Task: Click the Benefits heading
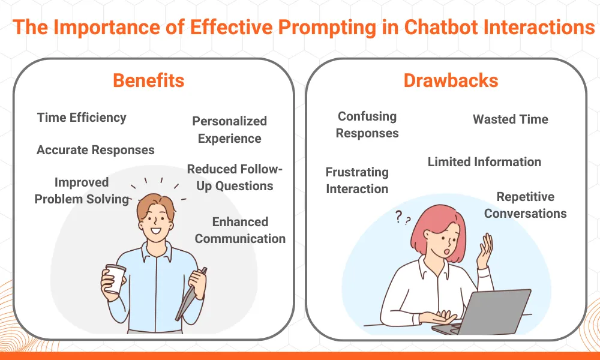pos(148,80)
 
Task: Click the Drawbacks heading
pos(451,80)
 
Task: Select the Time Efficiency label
pos(82,117)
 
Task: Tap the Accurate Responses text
pos(95,150)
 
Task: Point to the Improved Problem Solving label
pos(82,190)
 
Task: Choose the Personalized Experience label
pos(229,130)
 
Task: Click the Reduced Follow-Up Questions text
pos(234,178)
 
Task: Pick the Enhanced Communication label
pos(240,230)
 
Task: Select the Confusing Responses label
pos(367,125)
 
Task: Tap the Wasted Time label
pos(510,119)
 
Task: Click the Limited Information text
pos(484,161)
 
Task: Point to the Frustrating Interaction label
pos(357,181)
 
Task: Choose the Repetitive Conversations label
pos(525,205)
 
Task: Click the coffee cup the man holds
pos(115,278)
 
